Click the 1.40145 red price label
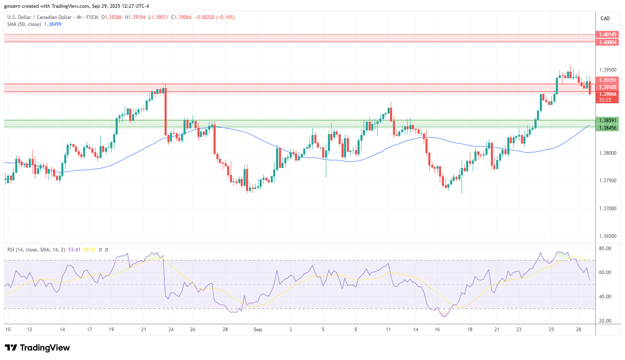607,35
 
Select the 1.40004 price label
607,42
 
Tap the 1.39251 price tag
607,80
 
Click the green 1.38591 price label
607,121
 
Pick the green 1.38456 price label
607,128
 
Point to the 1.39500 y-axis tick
607,70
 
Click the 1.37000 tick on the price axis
607,209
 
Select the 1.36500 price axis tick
607,236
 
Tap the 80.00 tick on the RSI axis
605,249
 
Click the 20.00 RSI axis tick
605,321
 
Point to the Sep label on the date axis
258,330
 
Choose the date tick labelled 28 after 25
579,330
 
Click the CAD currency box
605,19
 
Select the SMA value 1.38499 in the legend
53,24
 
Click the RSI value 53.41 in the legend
74,250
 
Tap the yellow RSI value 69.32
89,250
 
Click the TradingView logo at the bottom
37,348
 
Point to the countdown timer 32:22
604,100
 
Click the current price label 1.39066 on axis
607,94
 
